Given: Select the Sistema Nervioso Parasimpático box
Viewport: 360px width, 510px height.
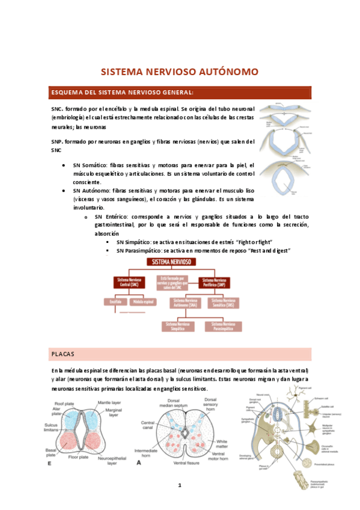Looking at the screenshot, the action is coord(223,325).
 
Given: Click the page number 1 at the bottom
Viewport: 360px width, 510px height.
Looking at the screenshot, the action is coord(179,485).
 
